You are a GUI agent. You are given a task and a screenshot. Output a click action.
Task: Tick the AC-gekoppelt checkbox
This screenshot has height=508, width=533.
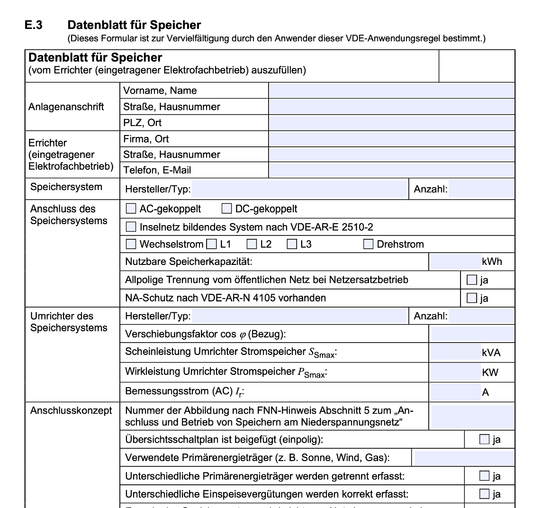[x=130, y=209]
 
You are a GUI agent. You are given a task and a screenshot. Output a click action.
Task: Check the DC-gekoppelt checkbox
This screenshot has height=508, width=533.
[x=226, y=209]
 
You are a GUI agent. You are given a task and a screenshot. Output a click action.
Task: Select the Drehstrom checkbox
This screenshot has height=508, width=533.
[x=368, y=245]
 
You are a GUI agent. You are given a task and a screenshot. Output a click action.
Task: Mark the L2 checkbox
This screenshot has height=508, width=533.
[x=252, y=245]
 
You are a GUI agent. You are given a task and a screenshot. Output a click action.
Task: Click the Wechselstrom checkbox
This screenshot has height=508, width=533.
[x=130, y=245]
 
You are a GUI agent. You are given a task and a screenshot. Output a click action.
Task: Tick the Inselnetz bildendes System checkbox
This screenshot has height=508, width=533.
[x=130, y=227]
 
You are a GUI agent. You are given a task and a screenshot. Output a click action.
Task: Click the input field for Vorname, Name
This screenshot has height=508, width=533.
[x=391, y=91]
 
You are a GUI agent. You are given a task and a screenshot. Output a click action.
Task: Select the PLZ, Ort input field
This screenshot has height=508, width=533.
[x=391, y=123]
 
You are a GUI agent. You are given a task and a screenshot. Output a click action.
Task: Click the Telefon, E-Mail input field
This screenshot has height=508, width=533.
[x=391, y=170]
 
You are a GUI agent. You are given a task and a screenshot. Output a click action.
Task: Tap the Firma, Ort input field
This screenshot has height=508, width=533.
[x=391, y=139]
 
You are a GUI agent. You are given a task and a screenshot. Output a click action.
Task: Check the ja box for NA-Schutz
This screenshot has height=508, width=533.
[x=471, y=298]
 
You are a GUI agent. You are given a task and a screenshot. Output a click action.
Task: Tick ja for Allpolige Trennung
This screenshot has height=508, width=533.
[x=471, y=280]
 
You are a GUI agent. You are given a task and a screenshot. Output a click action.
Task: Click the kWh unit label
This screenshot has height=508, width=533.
[x=492, y=262]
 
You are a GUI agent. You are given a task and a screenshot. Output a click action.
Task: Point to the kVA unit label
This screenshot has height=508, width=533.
[x=491, y=353]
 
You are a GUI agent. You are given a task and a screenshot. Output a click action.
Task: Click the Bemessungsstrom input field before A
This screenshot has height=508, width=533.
[x=455, y=392]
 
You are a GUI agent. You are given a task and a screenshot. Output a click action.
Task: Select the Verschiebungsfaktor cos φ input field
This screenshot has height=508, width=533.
[x=472, y=334]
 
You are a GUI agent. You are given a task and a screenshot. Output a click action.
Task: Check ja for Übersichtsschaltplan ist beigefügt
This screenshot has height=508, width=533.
[x=484, y=439]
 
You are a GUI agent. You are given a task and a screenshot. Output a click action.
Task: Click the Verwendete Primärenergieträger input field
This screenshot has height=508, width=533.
[x=464, y=458]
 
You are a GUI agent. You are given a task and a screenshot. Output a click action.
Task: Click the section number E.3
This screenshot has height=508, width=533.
[x=34, y=25]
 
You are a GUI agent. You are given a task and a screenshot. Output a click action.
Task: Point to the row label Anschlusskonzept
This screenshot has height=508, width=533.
[x=71, y=410]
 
